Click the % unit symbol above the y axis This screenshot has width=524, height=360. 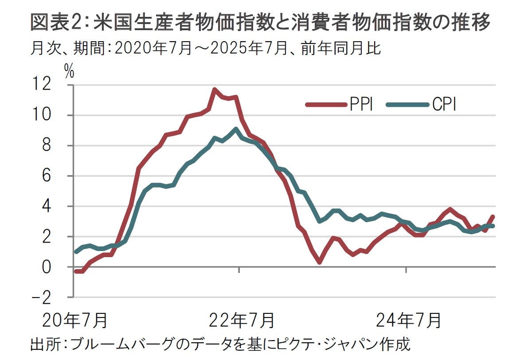point(70,72)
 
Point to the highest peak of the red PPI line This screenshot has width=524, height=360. point(215,90)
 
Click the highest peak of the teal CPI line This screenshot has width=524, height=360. point(236,129)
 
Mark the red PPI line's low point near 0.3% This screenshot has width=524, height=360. point(319,262)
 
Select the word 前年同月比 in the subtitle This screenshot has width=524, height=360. point(341,47)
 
